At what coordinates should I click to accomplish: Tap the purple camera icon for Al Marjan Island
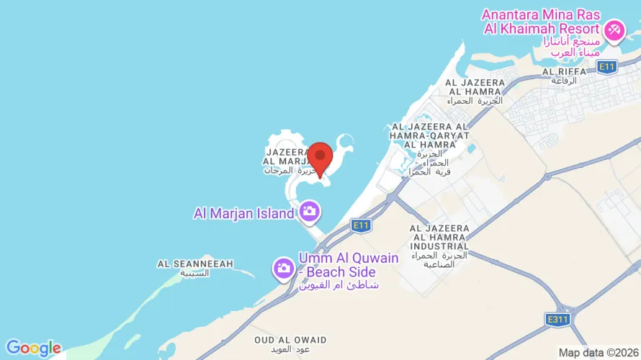(x=310, y=212)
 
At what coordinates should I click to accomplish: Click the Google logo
(x=33, y=348)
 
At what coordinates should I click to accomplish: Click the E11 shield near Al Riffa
(x=607, y=66)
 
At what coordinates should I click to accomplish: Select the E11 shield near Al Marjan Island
(x=362, y=225)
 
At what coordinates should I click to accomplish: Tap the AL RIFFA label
(x=559, y=71)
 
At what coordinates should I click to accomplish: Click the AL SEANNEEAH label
(x=195, y=264)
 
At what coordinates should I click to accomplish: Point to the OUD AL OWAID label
(x=290, y=340)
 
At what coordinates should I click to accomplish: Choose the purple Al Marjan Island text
(x=243, y=213)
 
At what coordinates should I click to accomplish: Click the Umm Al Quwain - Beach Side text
(x=338, y=265)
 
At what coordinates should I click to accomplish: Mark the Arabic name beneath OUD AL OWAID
(x=290, y=349)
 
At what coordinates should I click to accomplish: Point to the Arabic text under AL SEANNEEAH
(x=194, y=274)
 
